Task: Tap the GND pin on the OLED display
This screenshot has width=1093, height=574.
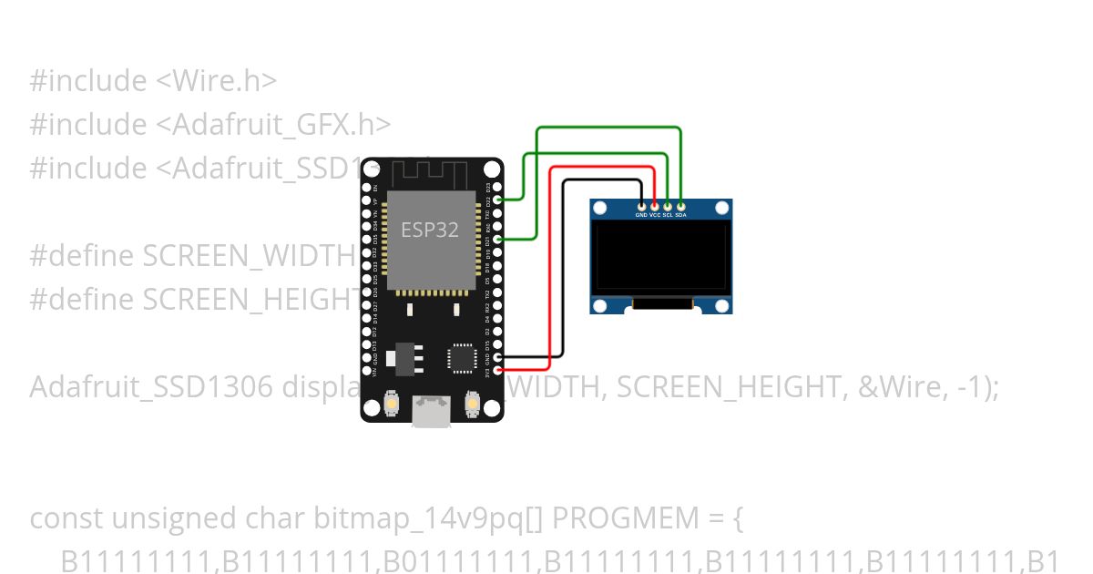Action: (641, 207)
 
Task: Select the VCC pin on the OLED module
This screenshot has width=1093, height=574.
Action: (655, 207)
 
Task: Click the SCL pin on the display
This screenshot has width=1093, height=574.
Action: (668, 207)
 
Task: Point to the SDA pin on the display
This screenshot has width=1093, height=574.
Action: (681, 207)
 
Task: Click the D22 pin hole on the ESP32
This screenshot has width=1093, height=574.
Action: (497, 199)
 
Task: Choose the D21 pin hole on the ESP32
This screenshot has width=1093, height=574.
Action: (497, 239)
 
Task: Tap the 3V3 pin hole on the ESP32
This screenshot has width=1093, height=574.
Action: (497, 370)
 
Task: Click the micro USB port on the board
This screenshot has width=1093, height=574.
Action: (431, 411)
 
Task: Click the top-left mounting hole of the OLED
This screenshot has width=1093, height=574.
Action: (599, 209)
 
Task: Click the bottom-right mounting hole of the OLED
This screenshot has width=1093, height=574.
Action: (722, 305)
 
